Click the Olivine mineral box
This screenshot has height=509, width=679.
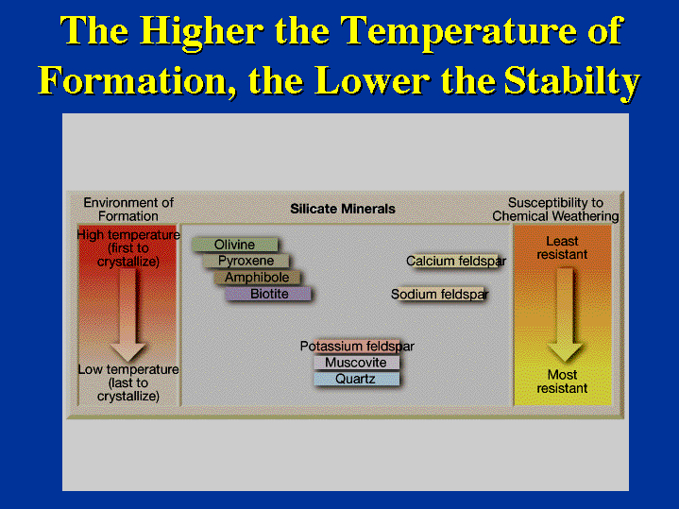[235, 245]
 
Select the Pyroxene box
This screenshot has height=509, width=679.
[246, 261]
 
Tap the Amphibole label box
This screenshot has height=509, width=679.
[257, 278]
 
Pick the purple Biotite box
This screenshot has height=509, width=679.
[268, 294]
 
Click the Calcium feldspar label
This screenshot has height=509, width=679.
[456, 262]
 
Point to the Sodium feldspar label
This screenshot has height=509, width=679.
[439, 294]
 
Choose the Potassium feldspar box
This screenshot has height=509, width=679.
[357, 347]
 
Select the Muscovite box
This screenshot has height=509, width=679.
[356, 363]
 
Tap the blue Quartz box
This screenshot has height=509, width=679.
[356, 379]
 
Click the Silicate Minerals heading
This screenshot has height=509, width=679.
[343, 209]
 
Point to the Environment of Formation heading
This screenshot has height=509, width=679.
[128, 210]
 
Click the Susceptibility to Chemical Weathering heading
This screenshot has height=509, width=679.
[555, 210]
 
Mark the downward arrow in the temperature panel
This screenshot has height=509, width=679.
[127, 314]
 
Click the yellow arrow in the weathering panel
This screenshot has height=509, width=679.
[565, 314]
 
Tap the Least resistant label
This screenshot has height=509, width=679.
[562, 247]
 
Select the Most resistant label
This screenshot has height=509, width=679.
[562, 382]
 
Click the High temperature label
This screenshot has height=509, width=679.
[128, 248]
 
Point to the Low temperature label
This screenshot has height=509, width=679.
[128, 383]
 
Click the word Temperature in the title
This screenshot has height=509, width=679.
[460, 32]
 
